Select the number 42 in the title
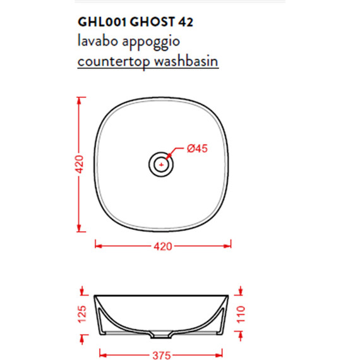click(185, 21)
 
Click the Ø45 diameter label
click(198, 149)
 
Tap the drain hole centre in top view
click(162, 165)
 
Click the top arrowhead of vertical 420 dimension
click(80, 100)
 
